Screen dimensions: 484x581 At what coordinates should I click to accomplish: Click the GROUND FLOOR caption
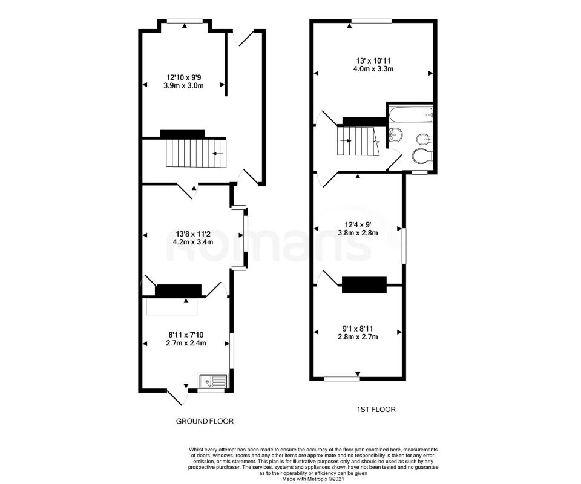[x=205, y=421]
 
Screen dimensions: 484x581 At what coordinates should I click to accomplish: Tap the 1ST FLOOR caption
[x=376, y=410]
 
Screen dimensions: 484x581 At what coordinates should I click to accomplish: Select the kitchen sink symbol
[x=212, y=381]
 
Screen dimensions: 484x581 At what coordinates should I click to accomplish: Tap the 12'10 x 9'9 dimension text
[x=184, y=77]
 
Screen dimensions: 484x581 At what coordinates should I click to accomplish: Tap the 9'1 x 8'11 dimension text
[x=358, y=329]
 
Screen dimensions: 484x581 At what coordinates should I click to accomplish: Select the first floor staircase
[x=356, y=140]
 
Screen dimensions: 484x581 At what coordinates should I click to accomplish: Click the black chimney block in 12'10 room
[x=182, y=133]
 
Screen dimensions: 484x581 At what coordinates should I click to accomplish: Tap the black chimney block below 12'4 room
[x=364, y=285]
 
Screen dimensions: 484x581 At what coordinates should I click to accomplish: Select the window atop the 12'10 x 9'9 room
[x=185, y=22]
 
